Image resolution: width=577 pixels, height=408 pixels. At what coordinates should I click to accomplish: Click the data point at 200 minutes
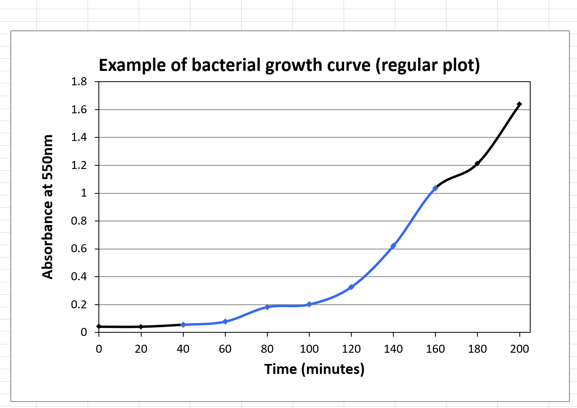pyautogui.click(x=519, y=104)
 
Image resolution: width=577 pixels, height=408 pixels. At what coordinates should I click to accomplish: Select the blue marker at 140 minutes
pyautogui.click(x=393, y=245)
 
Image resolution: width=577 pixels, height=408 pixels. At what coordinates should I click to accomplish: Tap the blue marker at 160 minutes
pyautogui.click(x=435, y=188)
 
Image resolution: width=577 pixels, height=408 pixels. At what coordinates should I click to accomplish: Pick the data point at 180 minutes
pyautogui.click(x=477, y=163)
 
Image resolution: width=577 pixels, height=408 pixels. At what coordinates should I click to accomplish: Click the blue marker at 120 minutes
pyautogui.click(x=351, y=287)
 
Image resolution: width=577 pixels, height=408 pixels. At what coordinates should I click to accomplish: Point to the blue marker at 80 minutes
pyautogui.click(x=267, y=307)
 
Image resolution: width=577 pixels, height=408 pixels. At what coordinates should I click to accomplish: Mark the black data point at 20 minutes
pyautogui.click(x=141, y=327)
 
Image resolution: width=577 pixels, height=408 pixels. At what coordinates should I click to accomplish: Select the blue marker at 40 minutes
pyautogui.click(x=183, y=324)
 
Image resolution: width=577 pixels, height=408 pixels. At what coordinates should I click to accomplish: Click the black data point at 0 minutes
pyautogui.click(x=99, y=326)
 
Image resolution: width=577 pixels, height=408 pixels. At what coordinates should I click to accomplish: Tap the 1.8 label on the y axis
pyautogui.click(x=79, y=82)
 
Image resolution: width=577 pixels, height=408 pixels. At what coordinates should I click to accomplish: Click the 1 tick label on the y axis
pyautogui.click(x=84, y=193)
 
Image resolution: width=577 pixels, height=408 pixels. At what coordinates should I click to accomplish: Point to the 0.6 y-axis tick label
pyautogui.click(x=79, y=249)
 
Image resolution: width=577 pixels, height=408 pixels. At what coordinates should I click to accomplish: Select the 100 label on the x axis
pyautogui.click(x=309, y=349)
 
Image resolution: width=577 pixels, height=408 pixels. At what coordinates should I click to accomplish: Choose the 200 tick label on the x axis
pyautogui.click(x=519, y=349)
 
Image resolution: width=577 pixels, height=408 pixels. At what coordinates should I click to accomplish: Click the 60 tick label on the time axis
pyautogui.click(x=225, y=349)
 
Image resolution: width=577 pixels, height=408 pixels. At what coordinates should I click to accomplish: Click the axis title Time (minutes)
pyautogui.click(x=314, y=369)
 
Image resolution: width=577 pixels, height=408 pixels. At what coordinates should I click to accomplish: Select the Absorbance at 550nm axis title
pyautogui.click(x=48, y=207)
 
